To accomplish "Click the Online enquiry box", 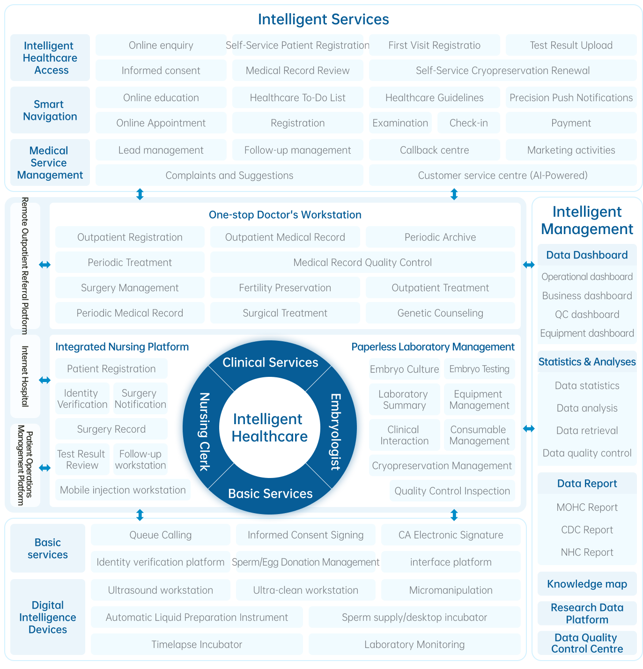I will tap(161, 45).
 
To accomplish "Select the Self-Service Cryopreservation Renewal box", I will tap(503, 71).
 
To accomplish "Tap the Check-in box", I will tap(468, 123).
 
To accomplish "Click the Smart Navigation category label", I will tap(50, 110).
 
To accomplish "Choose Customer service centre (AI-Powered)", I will tap(503, 176).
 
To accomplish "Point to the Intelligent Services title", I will tap(323, 19).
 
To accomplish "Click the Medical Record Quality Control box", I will tap(362, 263).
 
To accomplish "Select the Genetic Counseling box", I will tap(440, 313).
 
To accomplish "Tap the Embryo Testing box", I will tap(479, 369).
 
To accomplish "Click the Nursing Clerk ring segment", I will tap(204, 431).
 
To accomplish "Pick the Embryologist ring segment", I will tap(335, 431).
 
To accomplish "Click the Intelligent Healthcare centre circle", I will tap(270, 428).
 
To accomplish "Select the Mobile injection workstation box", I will tap(123, 490).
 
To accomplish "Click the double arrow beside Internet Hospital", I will tap(44, 380).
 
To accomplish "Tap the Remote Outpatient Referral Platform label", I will tap(25, 265).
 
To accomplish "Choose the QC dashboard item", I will tap(587, 315).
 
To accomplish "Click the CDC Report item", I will tap(587, 530).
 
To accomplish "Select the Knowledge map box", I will tap(587, 584).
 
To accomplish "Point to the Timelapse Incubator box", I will tap(197, 645).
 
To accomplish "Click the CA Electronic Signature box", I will tap(451, 535).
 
